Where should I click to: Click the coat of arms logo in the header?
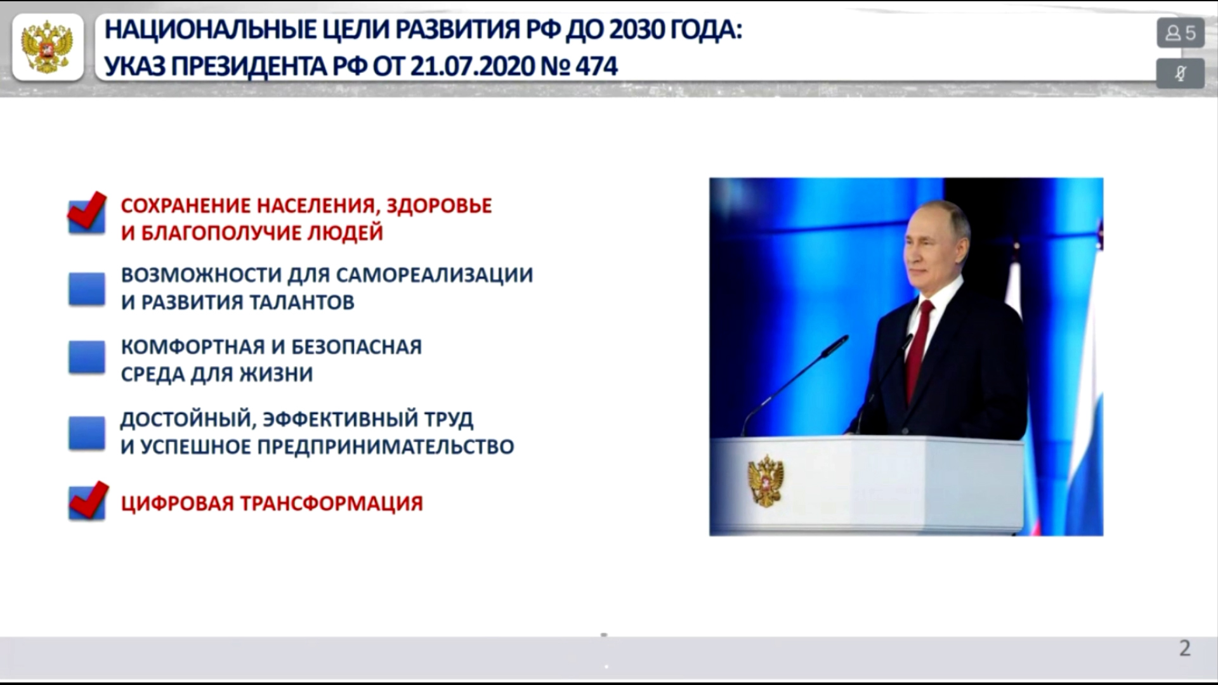[x=48, y=47]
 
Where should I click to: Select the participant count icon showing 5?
[x=1181, y=32]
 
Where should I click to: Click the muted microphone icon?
[x=1181, y=74]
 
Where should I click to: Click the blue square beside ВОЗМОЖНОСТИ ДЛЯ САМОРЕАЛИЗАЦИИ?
[x=87, y=289]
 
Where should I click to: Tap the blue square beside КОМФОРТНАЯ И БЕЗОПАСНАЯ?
[x=87, y=357]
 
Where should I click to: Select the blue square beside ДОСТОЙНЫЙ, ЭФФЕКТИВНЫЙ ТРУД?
[x=87, y=433]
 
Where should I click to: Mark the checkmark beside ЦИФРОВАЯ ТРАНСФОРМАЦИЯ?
[x=88, y=500]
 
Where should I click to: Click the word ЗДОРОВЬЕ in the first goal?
[x=439, y=206]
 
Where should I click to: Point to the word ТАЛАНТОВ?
[x=301, y=303]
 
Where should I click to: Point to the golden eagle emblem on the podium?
[x=766, y=480]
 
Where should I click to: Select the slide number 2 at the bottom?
[x=1184, y=648]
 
